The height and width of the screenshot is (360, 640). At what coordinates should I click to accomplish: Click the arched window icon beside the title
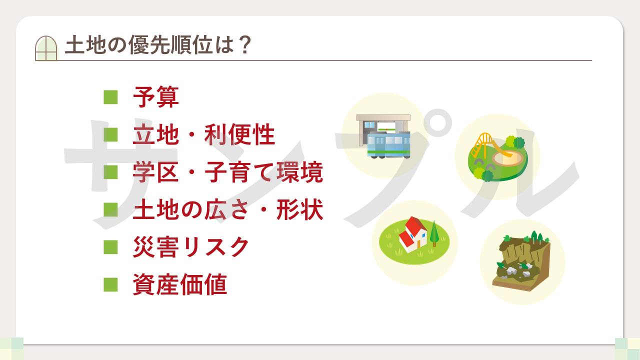click(46, 48)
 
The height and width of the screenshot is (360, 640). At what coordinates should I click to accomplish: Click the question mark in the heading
click(245, 45)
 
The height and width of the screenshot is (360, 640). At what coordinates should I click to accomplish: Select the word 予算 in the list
click(156, 97)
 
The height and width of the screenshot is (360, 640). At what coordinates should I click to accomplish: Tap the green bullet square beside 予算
click(110, 97)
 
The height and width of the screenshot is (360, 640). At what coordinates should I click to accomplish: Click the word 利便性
click(239, 134)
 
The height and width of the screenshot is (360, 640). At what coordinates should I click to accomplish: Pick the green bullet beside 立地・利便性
click(110, 134)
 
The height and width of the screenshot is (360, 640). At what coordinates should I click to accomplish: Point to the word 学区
click(156, 172)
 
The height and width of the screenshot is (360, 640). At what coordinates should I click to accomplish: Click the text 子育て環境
click(264, 172)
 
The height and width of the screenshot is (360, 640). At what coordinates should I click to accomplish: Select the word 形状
click(299, 209)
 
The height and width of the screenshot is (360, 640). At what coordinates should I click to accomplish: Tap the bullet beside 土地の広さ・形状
click(110, 209)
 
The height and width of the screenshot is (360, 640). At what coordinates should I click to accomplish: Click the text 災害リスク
click(191, 247)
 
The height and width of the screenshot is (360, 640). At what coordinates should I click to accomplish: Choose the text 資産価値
click(180, 284)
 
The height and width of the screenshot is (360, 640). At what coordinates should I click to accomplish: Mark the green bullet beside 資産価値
click(110, 284)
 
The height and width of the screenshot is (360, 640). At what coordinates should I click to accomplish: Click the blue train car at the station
click(389, 145)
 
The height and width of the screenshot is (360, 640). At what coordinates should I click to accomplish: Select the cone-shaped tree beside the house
click(434, 233)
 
